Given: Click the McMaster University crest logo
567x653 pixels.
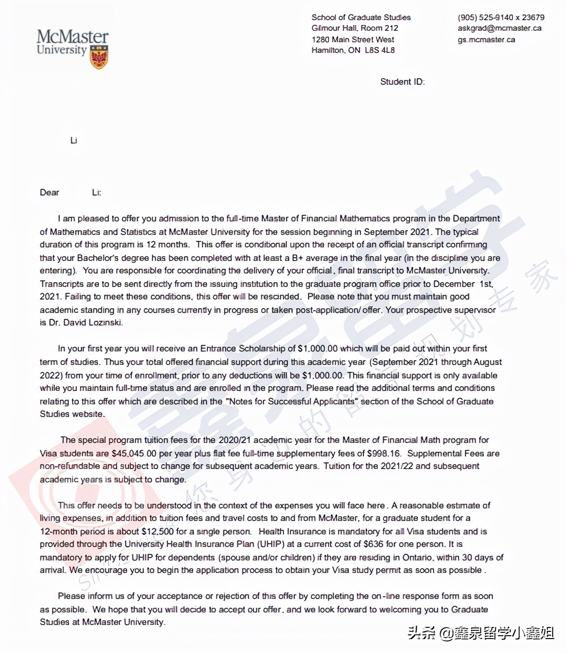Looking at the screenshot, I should pyautogui.click(x=99, y=57).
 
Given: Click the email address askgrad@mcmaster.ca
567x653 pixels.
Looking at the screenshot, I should pyautogui.click(x=499, y=28).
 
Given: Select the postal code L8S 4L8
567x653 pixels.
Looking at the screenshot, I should pyautogui.click(x=379, y=50).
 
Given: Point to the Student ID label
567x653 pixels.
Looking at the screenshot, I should pyautogui.click(x=402, y=82).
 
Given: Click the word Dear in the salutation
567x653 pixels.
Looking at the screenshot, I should pyautogui.click(x=49, y=193).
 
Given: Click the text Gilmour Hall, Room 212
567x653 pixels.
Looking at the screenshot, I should pyautogui.click(x=355, y=28).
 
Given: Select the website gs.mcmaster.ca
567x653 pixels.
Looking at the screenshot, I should pyautogui.click(x=486, y=39).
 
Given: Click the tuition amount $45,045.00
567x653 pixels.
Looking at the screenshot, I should pyautogui.click(x=134, y=454).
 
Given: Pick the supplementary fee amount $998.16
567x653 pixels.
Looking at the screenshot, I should pyautogui.click(x=384, y=454).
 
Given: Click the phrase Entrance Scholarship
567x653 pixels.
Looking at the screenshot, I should pyautogui.click(x=243, y=349).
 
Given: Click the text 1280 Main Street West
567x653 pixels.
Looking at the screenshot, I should pyautogui.click(x=352, y=39).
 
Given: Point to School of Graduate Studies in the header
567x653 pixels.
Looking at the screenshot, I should pyautogui.click(x=361, y=17).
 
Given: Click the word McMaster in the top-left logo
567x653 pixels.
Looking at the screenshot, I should pyautogui.click(x=72, y=37).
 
